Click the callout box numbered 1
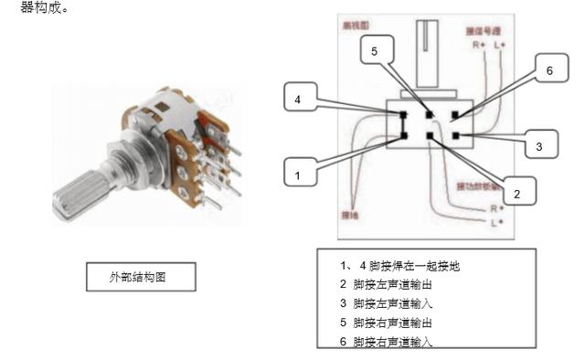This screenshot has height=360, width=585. tap(297, 170)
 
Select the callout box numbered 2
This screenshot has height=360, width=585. tap(516, 193)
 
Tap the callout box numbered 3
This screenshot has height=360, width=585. tap(538, 144)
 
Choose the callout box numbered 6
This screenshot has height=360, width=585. tap(549, 70)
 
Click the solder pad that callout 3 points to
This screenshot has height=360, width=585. tap(456, 136)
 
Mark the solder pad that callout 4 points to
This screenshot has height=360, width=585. tap(403, 114)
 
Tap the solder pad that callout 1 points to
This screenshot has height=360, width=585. tap(403, 137)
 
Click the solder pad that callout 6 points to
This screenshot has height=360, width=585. tap(456, 114)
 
